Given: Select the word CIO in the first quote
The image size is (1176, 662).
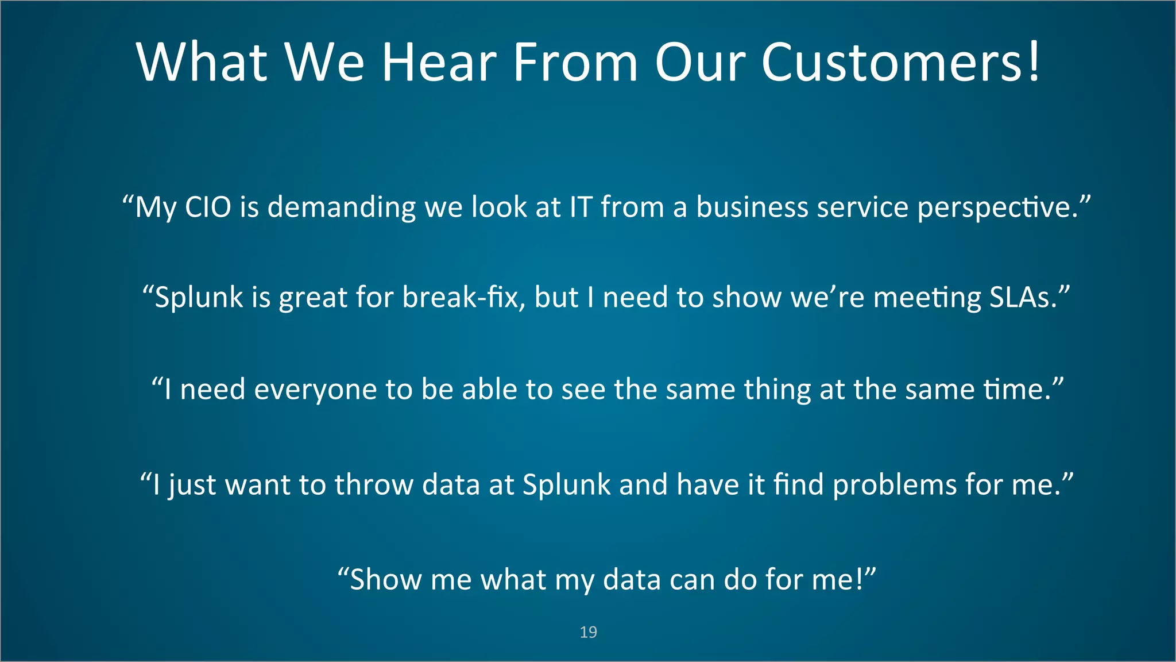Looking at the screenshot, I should click(208, 207).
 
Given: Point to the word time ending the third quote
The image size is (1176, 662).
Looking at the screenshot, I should click(1016, 390).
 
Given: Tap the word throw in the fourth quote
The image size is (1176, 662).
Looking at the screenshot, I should click(374, 484).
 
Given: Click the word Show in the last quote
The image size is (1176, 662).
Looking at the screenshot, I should click(385, 579).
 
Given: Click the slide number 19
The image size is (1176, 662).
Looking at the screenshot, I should click(588, 632).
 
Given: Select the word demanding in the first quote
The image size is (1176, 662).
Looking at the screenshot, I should click(342, 208).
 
